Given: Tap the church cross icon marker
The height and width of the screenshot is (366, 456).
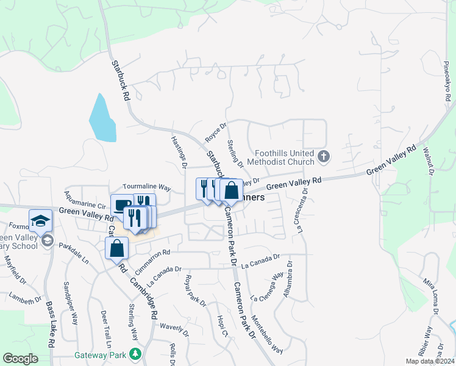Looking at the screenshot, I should pyautogui.click(x=324, y=157).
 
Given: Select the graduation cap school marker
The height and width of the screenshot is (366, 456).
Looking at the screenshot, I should pyautogui.click(x=41, y=221).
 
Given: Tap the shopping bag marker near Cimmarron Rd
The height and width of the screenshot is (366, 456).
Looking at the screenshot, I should pyautogui.click(x=117, y=248).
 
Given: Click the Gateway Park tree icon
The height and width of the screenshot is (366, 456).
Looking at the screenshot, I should pyautogui.click(x=134, y=354).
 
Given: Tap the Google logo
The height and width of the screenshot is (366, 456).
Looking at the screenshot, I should pyautogui.click(x=21, y=359).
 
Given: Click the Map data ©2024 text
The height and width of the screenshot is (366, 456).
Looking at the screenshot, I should pyautogui.click(x=429, y=361).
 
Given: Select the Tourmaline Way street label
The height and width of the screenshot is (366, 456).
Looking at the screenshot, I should pyautogui.click(x=146, y=187).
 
